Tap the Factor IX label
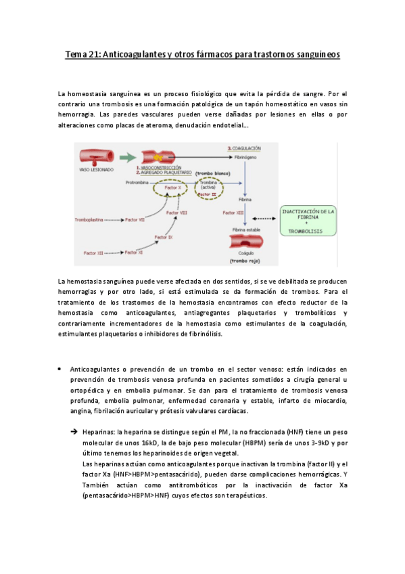pyautogui.click(x=163, y=237)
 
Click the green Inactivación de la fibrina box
pyautogui.click(x=308, y=221)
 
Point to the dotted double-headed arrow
pyautogui.click(x=264, y=218)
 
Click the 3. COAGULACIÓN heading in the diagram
pyautogui.click(x=245, y=147)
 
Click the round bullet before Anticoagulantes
pyautogui.click(x=60, y=369)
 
